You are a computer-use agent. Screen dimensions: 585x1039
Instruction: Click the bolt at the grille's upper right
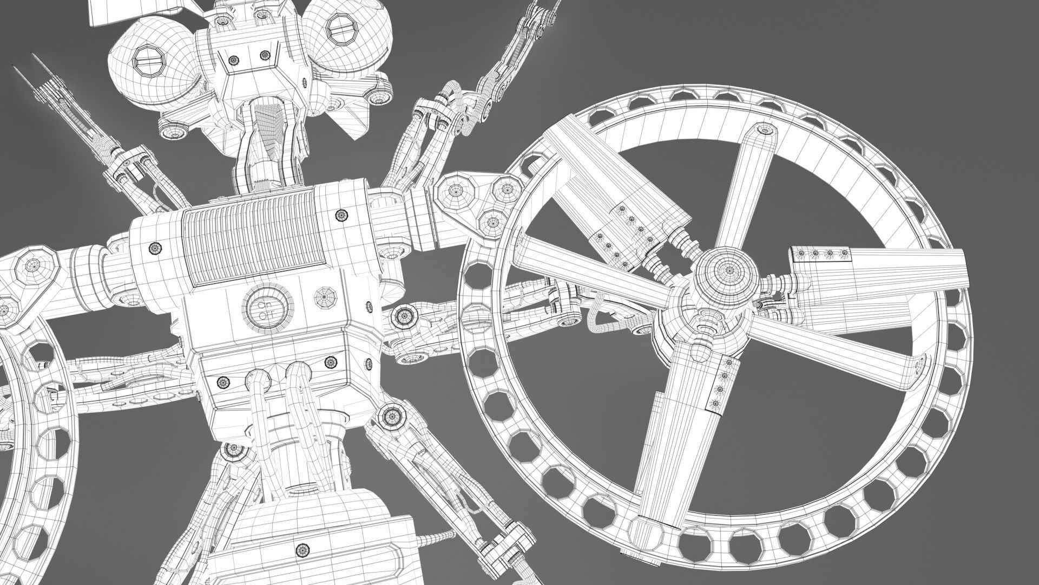[x=341, y=216]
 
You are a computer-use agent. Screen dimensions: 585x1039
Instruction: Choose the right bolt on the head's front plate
[x=265, y=54]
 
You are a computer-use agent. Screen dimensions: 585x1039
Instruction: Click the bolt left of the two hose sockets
[x=223, y=382]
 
